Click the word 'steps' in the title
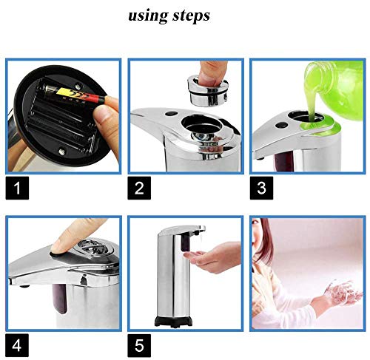click(191, 16)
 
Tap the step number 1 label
click(17, 188)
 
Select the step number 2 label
click(139, 188)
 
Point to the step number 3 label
click(261, 188)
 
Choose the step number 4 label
click(17, 345)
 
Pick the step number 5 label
click(139, 345)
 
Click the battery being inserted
click(74, 94)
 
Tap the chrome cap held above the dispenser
click(208, 90)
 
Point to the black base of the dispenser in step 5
click(173, 321)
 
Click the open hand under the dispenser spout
click(212, 257)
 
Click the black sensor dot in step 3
click(281, 125)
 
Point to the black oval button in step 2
click(171, 114)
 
